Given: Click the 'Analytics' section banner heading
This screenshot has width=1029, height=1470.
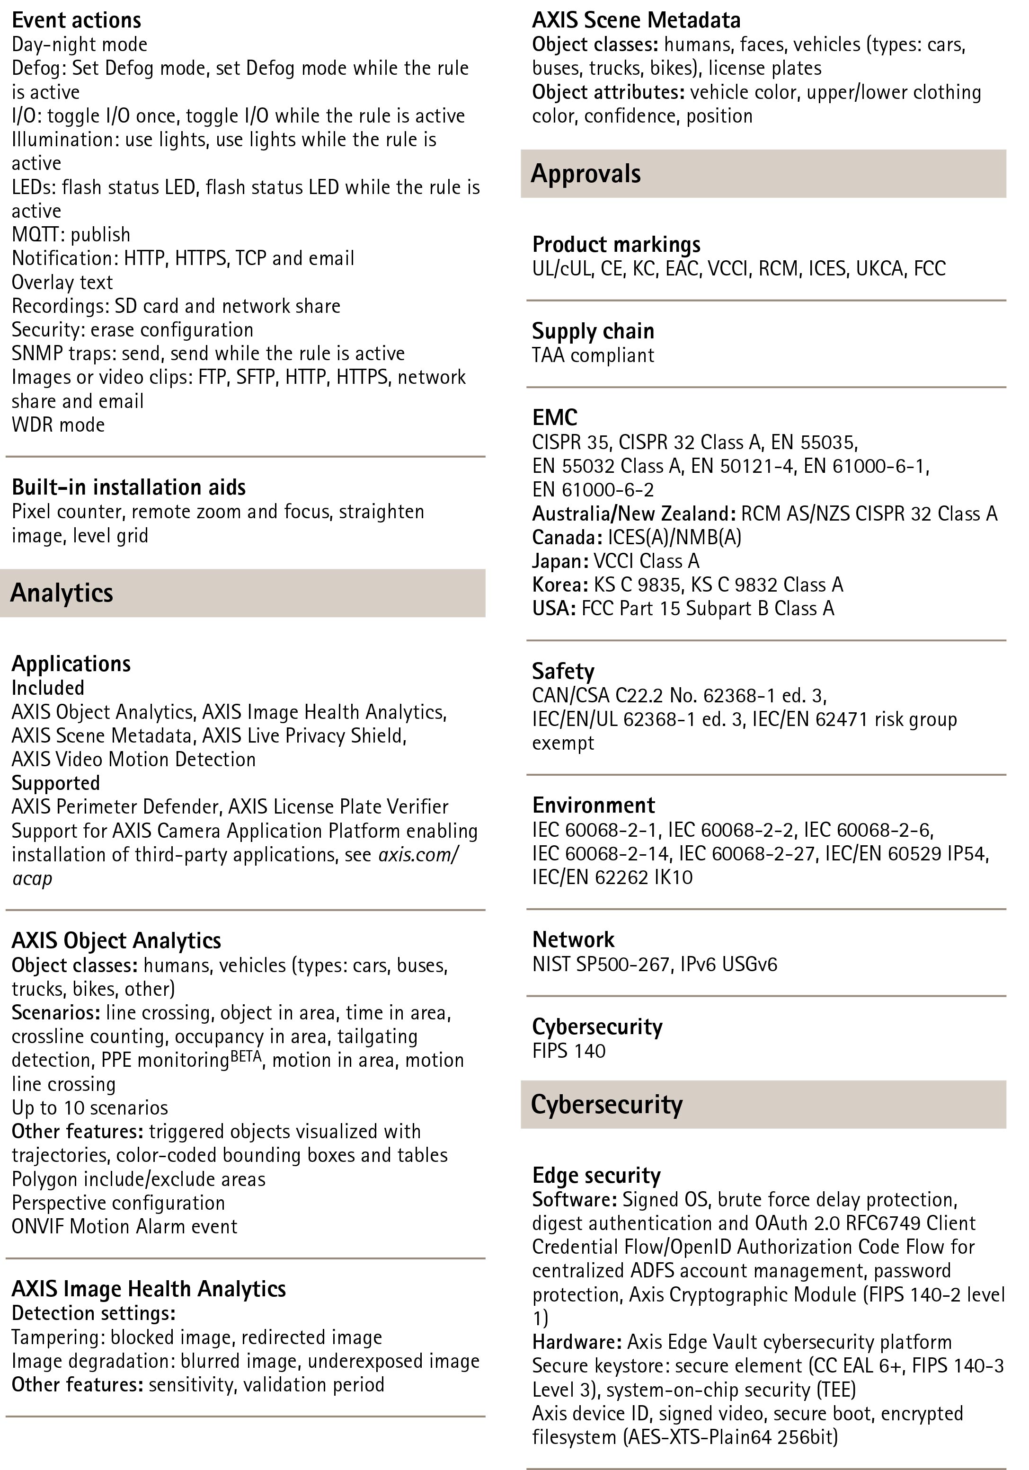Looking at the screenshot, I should (x=62, y=593).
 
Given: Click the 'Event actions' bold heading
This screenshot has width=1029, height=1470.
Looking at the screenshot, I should (x=76, y=20).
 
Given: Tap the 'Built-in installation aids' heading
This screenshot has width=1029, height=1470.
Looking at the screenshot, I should (x=128, y=487).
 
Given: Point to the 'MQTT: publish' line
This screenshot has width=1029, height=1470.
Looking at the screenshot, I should (x=71, y=234).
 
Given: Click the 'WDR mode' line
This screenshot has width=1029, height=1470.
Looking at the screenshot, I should (x=58, y=425).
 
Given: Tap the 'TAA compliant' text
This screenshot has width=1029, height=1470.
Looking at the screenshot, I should (x=593, y=355).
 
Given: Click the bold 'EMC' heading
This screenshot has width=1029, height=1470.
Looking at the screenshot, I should (x=555, y=417).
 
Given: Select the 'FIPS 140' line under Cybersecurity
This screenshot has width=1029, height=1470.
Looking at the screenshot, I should (x=568, y=1051).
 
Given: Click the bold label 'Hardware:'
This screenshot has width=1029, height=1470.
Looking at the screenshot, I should (x=577, y=1341).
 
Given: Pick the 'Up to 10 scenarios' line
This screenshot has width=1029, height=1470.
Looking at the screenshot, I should (x=89, y=1107).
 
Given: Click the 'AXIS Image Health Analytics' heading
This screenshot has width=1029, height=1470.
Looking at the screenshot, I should (x=149, y=1289).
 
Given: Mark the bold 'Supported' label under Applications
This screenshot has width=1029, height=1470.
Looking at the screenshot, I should (x=56, y=783).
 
